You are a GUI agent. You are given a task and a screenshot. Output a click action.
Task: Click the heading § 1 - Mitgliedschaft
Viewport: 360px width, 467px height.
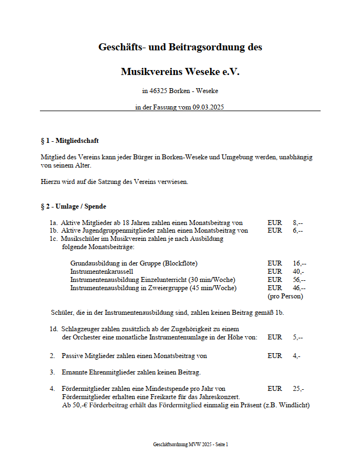click(x=70, y=141)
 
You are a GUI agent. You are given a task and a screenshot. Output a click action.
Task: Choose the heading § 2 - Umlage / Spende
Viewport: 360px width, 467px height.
click(x=74, y=206)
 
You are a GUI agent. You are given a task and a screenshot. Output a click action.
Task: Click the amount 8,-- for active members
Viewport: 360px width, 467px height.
click(x=298, y=223)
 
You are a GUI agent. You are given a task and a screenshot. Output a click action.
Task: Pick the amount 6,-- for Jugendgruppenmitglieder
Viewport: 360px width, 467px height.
click(x=298, y=230)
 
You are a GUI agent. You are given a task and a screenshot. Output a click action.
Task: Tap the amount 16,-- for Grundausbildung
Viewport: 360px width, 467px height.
click(x=299, y=263)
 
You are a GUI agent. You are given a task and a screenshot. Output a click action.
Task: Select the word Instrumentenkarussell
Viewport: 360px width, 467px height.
click(x=102, y=272)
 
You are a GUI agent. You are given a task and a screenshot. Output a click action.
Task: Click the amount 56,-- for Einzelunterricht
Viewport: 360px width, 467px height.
click(x=299, y=280)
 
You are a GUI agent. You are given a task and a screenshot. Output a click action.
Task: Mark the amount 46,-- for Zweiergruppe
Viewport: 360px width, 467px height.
click(x=299, y=288)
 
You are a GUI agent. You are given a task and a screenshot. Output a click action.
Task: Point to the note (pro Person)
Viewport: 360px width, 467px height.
click(x=285, y=296)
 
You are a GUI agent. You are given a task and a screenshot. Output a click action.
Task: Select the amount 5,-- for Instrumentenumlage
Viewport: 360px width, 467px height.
click(x=298, y=337)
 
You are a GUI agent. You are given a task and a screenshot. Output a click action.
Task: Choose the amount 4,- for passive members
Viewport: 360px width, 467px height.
click(x=297, y=356)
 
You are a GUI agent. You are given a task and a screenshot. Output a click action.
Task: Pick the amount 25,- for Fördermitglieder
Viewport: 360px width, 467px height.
click(x=298, y=389)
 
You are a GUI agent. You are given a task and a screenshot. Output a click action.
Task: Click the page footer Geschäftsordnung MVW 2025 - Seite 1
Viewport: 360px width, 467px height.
click(x=190, y=445)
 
